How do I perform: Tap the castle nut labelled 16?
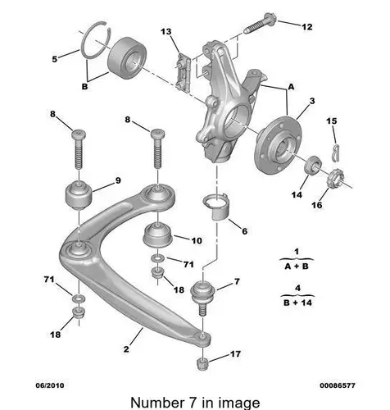335,179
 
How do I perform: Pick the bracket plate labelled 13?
183,72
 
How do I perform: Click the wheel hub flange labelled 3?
278,144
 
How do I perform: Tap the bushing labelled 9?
79,195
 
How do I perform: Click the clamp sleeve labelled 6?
217,206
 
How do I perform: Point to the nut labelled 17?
202,363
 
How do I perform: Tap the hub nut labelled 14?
313,165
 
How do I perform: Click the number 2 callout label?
126,349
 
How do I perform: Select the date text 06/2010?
50,385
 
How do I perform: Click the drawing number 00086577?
338,385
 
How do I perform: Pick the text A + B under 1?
297,266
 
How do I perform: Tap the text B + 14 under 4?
297,303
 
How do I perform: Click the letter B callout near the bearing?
84,87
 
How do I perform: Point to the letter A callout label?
292,87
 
